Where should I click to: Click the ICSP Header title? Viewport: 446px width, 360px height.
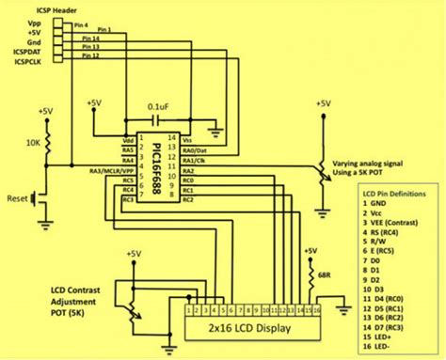(x=37, y=9)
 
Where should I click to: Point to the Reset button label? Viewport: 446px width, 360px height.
(x=18, y=199)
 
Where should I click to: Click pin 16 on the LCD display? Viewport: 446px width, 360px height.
(x=316, y=309)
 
